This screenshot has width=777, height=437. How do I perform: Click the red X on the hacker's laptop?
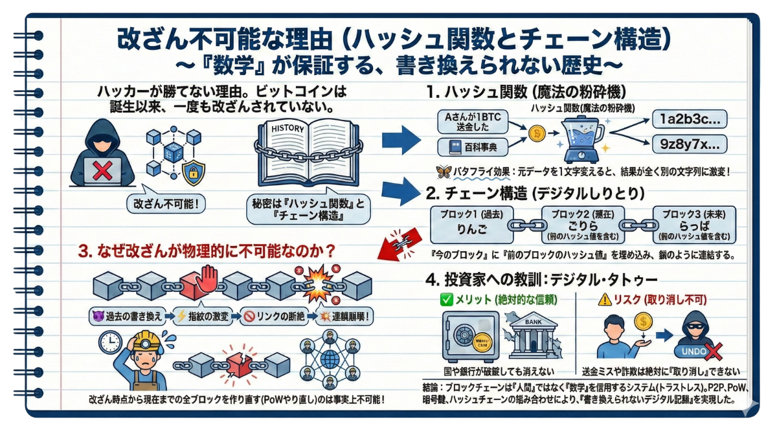102,171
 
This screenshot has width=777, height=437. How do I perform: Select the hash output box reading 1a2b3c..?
689,119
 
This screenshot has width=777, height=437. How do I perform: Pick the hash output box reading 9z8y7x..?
689,144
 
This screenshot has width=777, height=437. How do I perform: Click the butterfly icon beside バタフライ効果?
445,172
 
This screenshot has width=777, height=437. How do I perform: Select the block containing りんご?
467,225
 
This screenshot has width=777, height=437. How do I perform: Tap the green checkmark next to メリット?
446,300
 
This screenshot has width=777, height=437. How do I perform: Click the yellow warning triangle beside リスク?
604,300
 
